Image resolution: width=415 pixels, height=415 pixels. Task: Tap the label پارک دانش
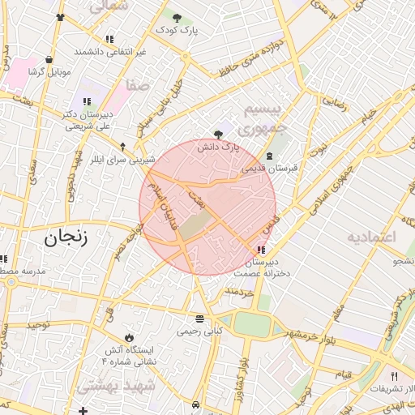point(218,148)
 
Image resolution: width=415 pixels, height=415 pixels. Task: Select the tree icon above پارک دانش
point(217,135)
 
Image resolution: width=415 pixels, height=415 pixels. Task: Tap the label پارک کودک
point(177,30)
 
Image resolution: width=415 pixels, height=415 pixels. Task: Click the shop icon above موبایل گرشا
point(50,59)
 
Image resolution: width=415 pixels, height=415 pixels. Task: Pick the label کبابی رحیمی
point(199,331)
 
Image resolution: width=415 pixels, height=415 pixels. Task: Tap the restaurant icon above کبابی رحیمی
point(199,318)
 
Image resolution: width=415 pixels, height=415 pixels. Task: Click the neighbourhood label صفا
point(138,83)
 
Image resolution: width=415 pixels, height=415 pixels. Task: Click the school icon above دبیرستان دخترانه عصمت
point(261,250)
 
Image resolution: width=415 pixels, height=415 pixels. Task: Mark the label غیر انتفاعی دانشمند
point(110,51)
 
